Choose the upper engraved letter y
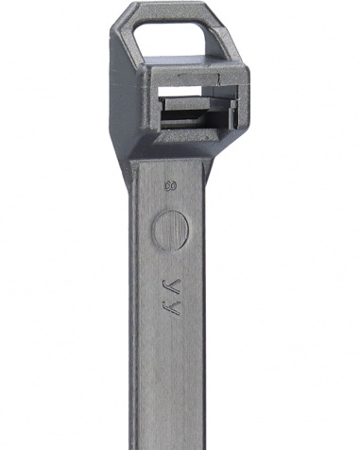point(170,286)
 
